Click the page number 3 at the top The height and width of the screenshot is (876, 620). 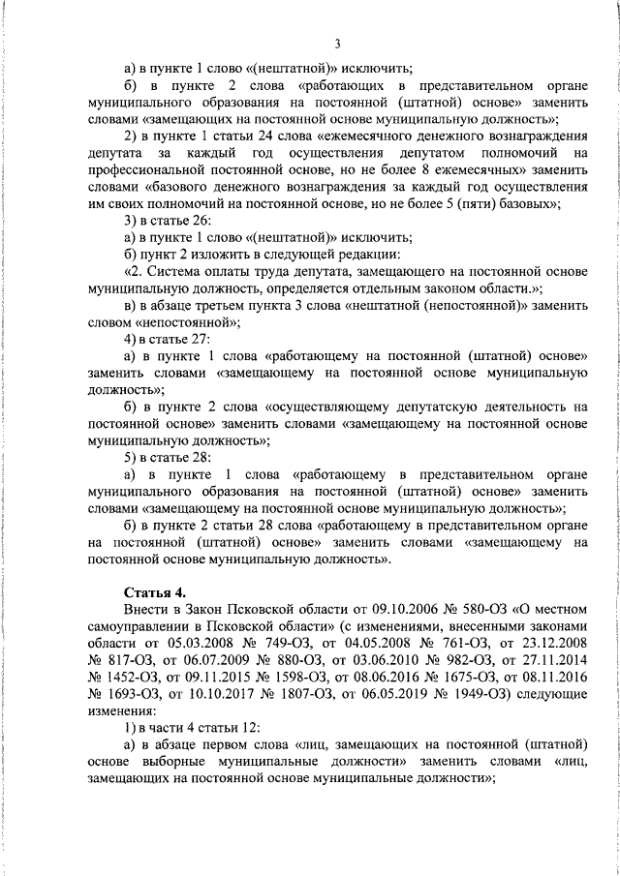[337, 44]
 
